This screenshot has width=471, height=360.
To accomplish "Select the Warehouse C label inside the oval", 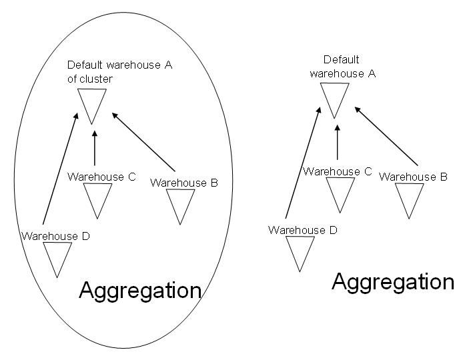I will tap(101, 177).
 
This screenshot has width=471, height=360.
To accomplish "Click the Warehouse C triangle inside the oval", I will tap(98, 198).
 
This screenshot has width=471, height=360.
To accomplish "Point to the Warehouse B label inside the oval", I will tap(184, 182).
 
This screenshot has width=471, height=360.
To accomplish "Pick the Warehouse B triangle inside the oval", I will tap(179, 204).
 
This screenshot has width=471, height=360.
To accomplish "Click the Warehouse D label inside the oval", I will tap(55, 235).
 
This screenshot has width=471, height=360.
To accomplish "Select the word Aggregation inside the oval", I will tap(140, 290).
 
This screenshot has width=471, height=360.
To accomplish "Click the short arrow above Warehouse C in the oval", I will tap(95, 148).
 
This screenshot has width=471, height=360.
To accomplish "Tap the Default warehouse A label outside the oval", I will tap(342, 67).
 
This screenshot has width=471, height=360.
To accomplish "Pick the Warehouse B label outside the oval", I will tap(413, 177).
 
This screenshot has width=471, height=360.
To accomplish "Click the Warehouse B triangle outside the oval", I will tap(409, 199).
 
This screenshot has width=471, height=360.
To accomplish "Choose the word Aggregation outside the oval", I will tap(393, 281).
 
